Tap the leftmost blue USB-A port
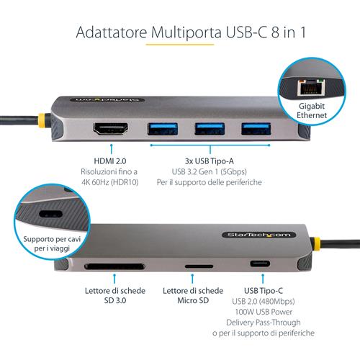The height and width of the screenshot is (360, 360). [x=158, y=130]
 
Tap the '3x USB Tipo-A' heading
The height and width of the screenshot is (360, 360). [x=209, y=162]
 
